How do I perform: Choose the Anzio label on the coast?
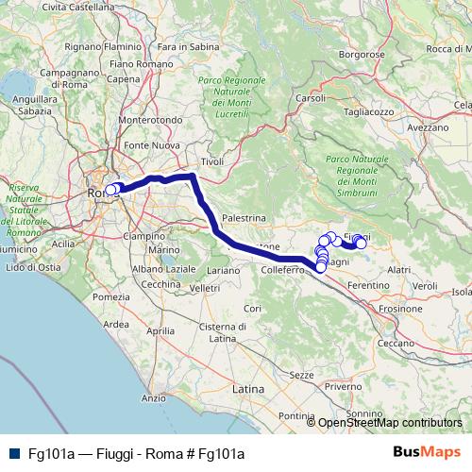[153, 398]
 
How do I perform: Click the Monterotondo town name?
[150, 121]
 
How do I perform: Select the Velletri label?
[204, 287]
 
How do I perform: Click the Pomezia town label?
[111, 297]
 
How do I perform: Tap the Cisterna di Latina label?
[223, 331]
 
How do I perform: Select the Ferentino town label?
[369, 284]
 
